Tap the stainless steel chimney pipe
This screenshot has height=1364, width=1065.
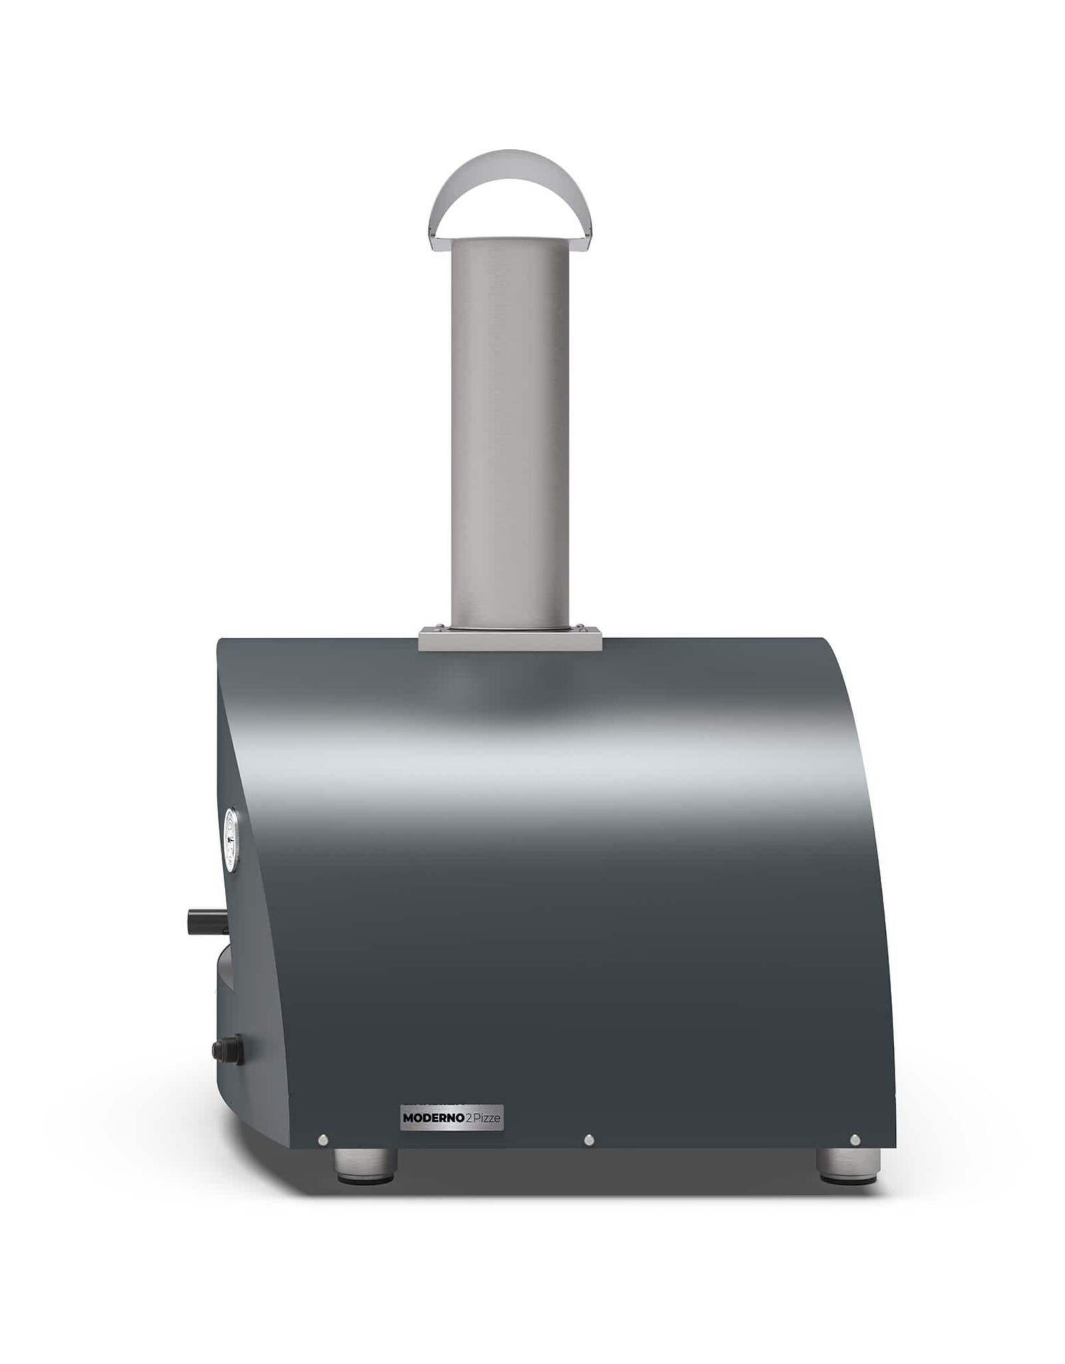coord(511,426)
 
